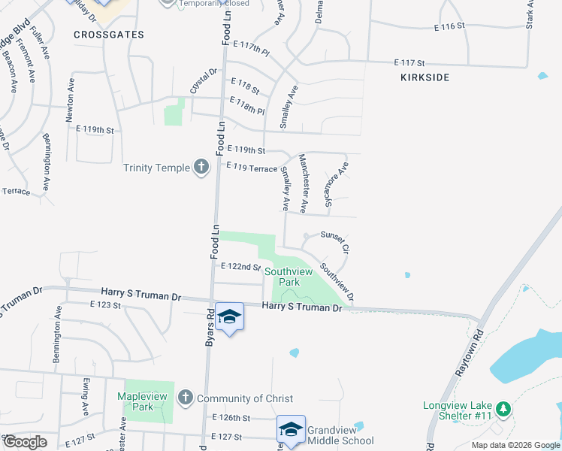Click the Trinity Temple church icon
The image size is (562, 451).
[201, 167]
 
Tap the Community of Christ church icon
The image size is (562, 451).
[185, 398]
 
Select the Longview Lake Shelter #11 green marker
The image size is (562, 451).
[505, 410]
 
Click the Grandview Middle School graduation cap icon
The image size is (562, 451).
[291, 428]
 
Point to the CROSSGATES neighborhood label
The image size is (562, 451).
[109, 35]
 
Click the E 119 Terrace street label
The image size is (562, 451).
[252, 168]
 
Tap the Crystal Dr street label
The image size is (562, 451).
[203, 81]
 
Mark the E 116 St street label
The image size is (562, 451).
[450, 26]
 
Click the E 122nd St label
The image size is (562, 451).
[240, 267]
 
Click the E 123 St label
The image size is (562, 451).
[105, 304]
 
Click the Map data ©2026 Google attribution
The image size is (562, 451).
[514, 445]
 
